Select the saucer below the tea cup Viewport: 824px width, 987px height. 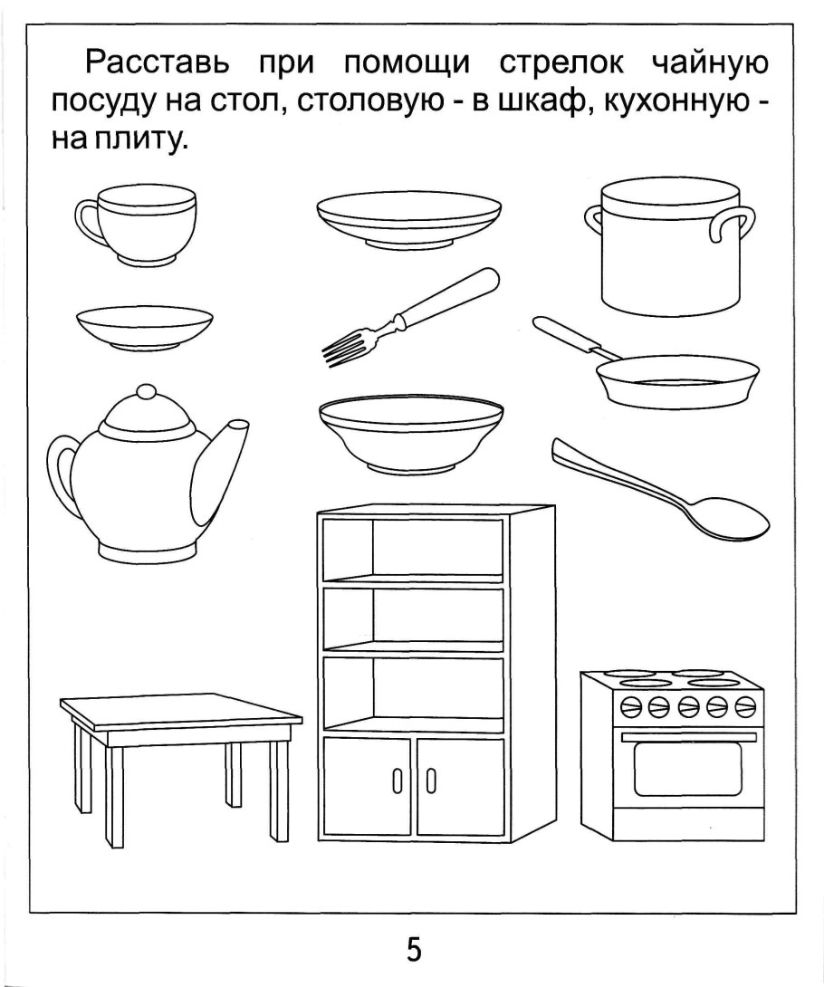[x=145, y=327]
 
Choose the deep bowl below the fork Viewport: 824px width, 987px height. [x=410, y=435]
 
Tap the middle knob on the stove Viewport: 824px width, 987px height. [x=687, y=705]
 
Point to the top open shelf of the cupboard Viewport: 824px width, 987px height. [x=436, y=548]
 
